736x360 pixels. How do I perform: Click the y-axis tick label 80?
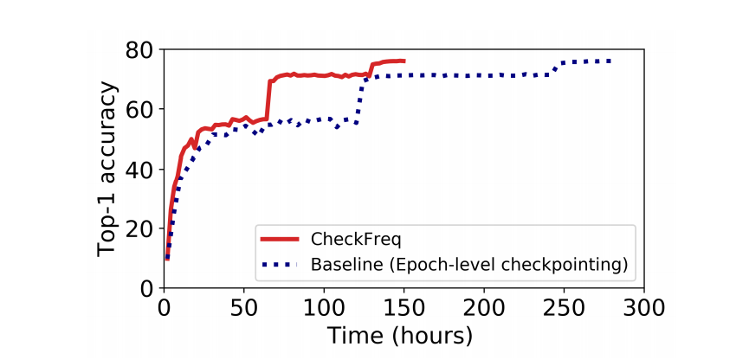tap(141, 50)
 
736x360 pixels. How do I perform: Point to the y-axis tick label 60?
tap(141, 110)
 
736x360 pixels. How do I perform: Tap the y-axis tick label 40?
tap(141, 170)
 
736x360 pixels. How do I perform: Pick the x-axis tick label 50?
tap(243, 308)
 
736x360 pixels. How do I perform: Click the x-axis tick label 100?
tap(324, 308)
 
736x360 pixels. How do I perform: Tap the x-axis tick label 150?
tap(404, 308)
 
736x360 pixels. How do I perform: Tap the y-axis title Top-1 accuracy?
tap(107, 170)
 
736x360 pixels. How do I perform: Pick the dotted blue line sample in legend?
tap(280, 263)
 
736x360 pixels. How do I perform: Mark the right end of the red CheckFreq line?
tap(404, 61)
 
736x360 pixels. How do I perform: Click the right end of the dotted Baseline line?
tap(611, 61)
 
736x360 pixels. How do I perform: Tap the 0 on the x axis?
tap(164, 308)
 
